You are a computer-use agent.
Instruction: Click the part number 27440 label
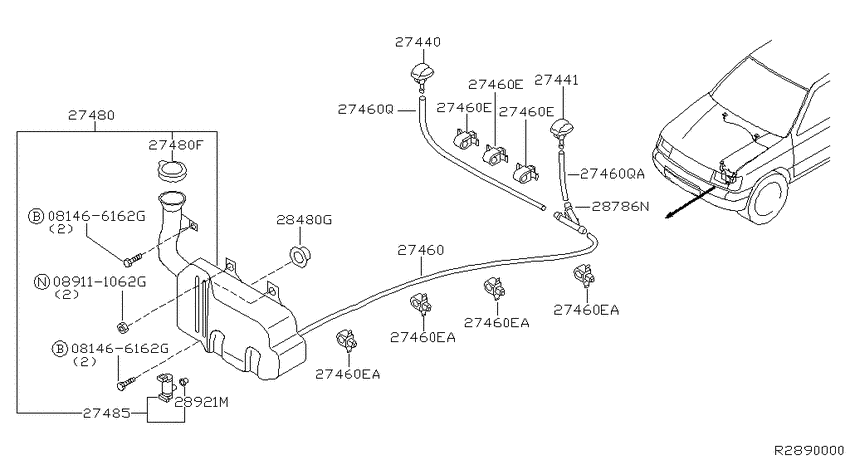click(417, 42)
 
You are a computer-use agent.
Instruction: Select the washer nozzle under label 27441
click(561, 131)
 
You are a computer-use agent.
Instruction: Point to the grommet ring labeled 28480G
click(300, 255)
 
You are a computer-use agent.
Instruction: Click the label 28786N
click(620, 206)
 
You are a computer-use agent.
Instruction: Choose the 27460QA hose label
click(612, 174)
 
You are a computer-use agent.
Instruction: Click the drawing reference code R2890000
click(808, 450)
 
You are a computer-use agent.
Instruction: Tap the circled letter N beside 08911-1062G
click(42, 282)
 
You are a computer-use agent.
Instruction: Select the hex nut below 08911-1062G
click(123, 327)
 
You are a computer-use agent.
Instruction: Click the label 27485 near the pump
click(107, 413)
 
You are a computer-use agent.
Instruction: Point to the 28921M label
click(201, 402)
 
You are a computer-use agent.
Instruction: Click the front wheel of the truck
click(770, 196)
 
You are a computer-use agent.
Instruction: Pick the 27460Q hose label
click(365, 109)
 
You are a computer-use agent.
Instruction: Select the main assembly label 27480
click(91, 115)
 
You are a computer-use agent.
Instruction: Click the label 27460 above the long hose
click(420, 250)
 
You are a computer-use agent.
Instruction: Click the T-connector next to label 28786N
click(570, 221)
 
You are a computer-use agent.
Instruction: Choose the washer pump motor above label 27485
click(166, 386)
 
